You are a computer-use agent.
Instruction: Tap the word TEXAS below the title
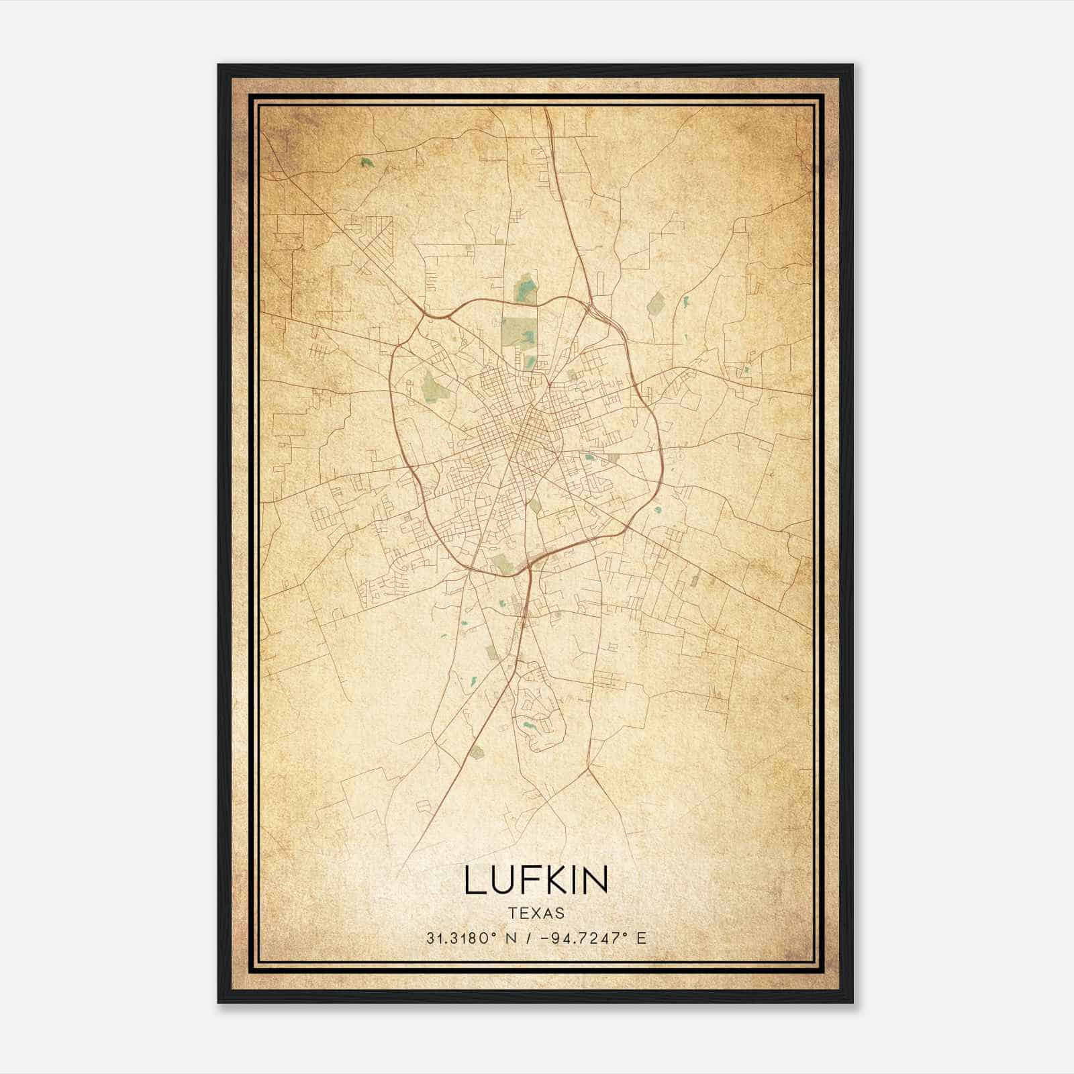tap(536, 913)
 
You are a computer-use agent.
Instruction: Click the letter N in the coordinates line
tap(511, 938)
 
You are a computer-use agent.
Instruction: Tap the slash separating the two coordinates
tap(528, 938)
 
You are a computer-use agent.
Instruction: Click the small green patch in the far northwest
tap(365, 162)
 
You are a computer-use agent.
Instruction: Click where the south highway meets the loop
tap(530, 567)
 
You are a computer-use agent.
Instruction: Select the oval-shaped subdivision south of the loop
tap(537, 712)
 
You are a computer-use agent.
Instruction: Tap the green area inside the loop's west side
tap(432, 387)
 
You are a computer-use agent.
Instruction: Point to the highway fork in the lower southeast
tap(589, 767)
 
